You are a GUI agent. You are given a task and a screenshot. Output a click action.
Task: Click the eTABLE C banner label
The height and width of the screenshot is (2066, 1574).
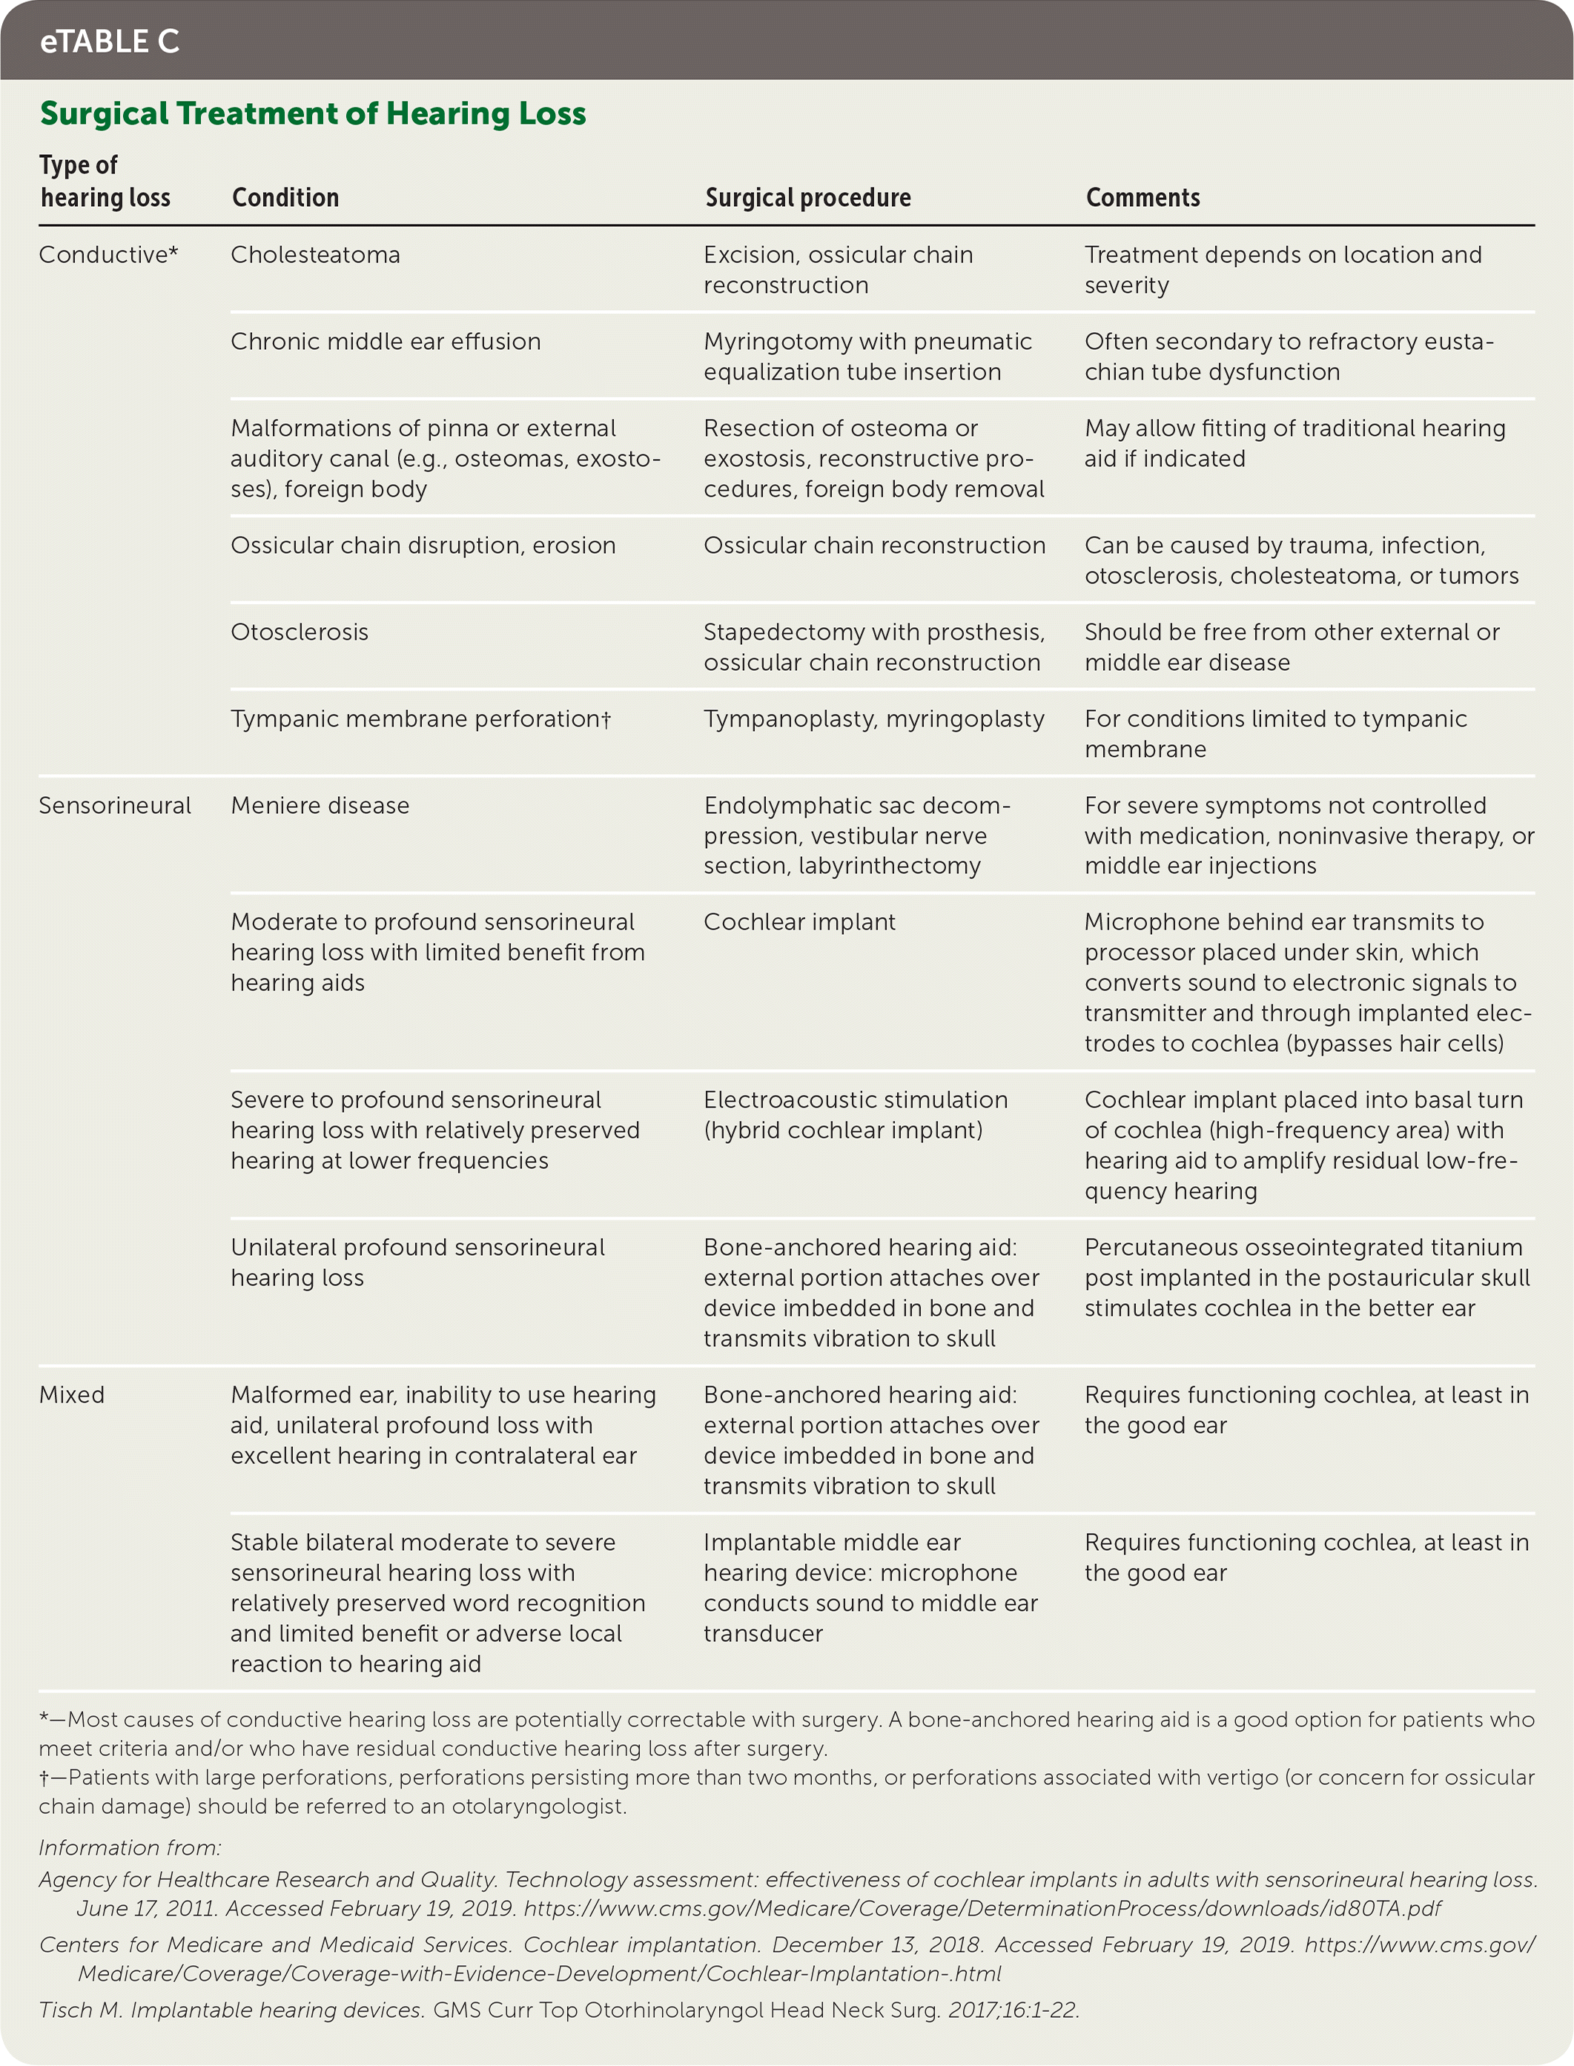pos(110,42)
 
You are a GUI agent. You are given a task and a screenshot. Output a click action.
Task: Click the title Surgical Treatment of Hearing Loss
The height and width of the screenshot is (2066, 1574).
pos(313,113)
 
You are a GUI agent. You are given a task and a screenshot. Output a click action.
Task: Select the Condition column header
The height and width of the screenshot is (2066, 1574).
pos(285,198)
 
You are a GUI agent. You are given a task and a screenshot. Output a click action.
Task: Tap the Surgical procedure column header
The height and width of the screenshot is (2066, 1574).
pos(807,198)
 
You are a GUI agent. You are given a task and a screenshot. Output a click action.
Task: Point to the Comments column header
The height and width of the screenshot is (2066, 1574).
pos(1143,198)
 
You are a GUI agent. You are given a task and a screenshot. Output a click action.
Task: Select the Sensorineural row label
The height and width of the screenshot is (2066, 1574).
pos(114,806)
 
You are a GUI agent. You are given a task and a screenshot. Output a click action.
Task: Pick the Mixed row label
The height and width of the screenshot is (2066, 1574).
pos(71,1394)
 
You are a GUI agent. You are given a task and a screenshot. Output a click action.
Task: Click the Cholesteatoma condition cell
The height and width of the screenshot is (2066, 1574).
pos(316,255)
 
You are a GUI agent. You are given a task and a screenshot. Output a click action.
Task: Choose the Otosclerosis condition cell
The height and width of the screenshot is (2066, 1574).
pos(300,632)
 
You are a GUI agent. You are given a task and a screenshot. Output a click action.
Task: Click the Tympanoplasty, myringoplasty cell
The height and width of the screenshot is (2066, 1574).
pos(873,718)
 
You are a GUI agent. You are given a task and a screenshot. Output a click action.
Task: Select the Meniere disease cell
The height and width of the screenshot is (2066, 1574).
pos(320,806)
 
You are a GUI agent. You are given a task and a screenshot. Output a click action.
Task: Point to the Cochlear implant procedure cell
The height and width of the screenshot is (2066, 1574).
pos(799,921)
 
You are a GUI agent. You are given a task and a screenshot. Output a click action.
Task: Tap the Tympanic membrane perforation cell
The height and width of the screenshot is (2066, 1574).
pos(420,718)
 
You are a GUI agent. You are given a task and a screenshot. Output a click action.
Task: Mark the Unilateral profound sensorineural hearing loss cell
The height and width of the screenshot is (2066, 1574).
pos(418,1262)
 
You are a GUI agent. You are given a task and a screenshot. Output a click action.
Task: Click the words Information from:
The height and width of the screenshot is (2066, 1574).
pos(130,1847)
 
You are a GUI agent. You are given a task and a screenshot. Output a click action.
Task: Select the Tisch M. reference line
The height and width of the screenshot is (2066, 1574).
pos(559,2010)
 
